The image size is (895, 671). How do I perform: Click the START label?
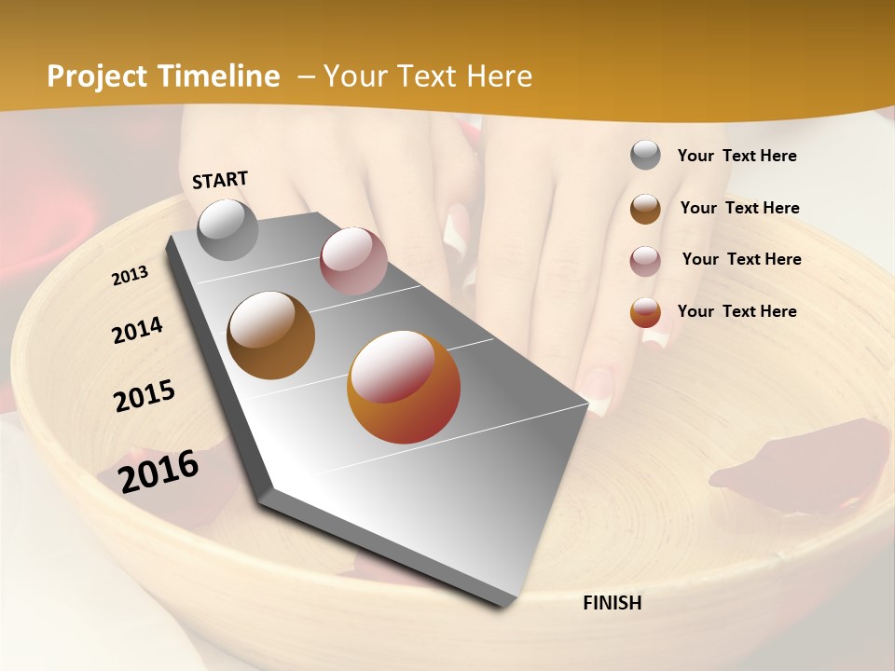(x=220, y=180)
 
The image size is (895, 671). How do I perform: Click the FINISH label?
(x=612, y=603)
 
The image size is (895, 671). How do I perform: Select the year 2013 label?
(x=130, y=276)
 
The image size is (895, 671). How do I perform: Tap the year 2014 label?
(x=137, y=331)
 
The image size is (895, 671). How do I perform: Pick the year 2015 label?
(x=145, y=395)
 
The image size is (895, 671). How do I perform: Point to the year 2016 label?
(x=158, y=472)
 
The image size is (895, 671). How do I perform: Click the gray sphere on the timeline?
(x=227, y=229)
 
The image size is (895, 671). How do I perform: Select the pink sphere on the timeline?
(x=352, y=261)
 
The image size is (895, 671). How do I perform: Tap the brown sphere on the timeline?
(x=270, y=335)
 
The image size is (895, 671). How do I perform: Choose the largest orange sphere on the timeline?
(x=404, y=387)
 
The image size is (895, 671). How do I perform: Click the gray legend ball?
(x=645, y=156)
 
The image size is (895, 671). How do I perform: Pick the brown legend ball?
(x=645, y=209)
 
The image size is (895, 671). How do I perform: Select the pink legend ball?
(x=645, y=260)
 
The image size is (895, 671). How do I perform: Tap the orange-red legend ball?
(x=645, y=312)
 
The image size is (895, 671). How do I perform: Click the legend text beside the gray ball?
(x=737, y=156)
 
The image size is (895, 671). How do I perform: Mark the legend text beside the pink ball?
(x=741, y=259)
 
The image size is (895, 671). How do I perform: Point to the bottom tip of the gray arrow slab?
(x=504, y=604)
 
